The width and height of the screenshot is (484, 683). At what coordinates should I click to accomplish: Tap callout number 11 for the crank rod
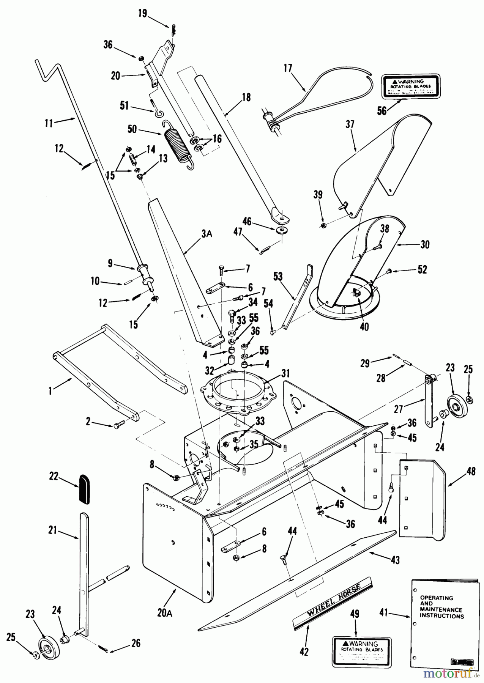pyautogui.click(x=49, y=123)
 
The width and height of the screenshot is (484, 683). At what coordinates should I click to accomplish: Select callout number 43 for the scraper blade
pyautogui.click(x=395, y=560)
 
